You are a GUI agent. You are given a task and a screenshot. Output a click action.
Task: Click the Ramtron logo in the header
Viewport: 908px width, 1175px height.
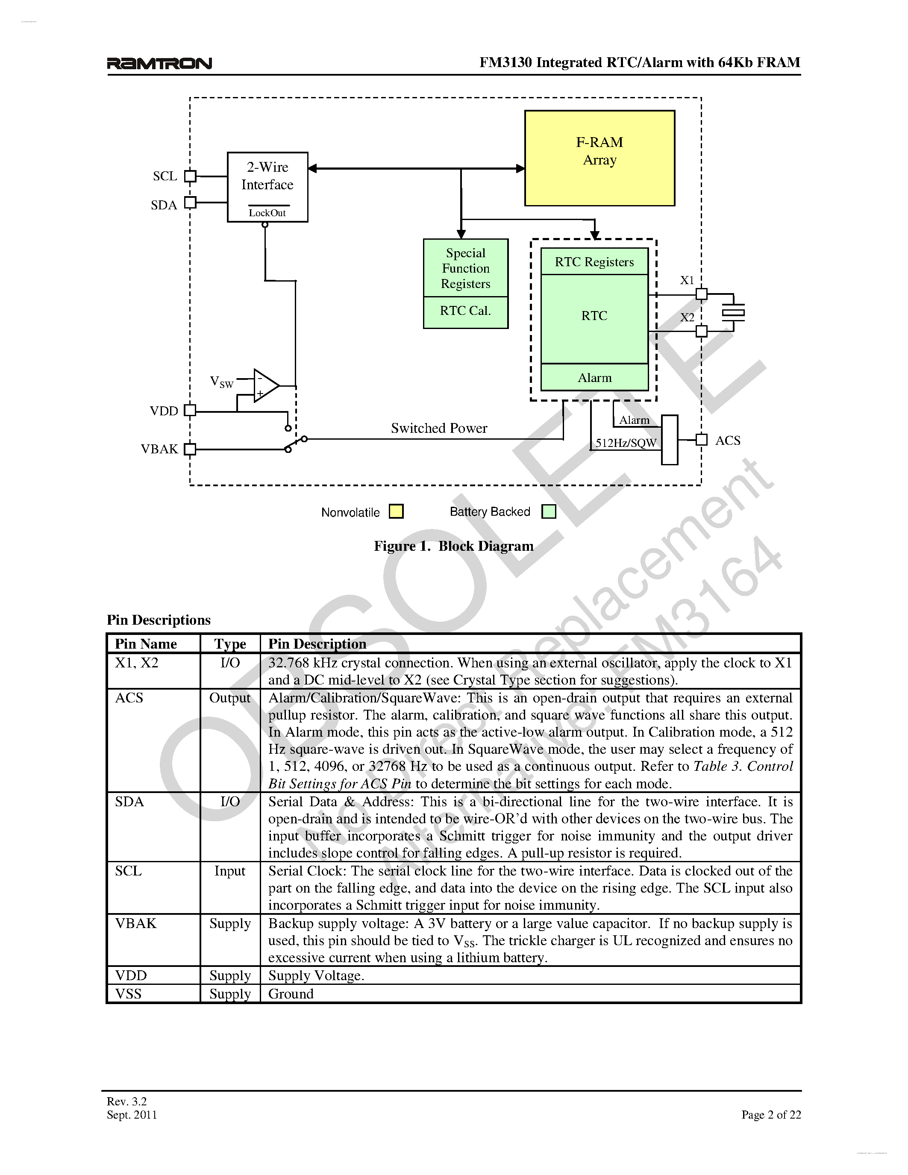(159, 64)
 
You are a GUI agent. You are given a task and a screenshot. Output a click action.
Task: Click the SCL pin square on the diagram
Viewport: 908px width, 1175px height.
(190, 176)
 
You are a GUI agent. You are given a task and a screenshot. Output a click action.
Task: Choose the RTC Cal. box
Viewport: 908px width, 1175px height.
(465, 311)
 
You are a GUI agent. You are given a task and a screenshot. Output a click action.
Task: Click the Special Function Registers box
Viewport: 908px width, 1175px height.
(465, 268)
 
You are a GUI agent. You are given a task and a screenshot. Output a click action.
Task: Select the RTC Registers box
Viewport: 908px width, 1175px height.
(594, 262)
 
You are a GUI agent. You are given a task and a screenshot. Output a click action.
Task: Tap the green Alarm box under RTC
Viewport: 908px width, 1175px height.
(594, 378)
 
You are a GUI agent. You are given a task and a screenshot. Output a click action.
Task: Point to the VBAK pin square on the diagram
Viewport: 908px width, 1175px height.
(190, 449)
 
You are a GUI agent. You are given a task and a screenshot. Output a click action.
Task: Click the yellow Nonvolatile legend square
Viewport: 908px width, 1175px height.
(396, 511)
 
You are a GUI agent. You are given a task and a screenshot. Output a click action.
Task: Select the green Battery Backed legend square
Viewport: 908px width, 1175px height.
(549, 511)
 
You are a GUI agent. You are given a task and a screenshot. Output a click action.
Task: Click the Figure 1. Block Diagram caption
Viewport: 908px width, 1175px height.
(453, 546)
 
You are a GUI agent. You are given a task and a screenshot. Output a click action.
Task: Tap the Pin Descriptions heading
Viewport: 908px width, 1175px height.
(159, 620)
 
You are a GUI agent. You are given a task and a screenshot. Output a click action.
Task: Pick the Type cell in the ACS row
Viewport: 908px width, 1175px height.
(230, 698)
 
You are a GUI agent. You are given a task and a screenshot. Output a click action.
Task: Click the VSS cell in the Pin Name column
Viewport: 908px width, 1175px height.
(129, 994)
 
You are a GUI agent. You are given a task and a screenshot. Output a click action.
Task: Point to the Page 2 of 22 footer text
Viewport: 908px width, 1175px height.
(771, 1115)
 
